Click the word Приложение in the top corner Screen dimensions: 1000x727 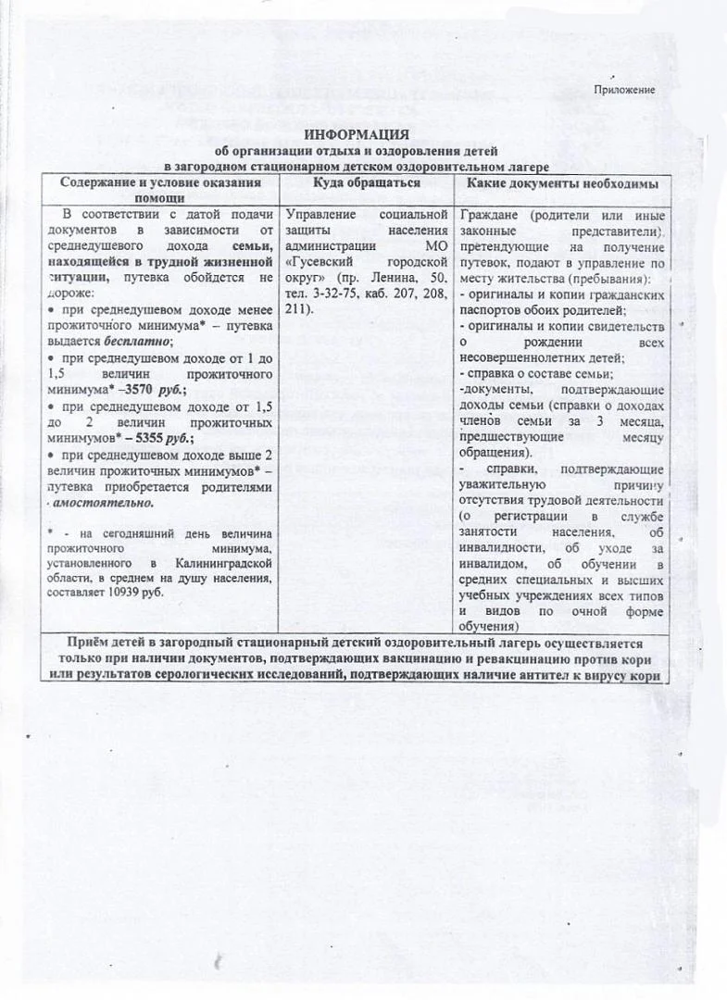click(x=625, y=90)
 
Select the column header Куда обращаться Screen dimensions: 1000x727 click(x=367, y=183)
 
